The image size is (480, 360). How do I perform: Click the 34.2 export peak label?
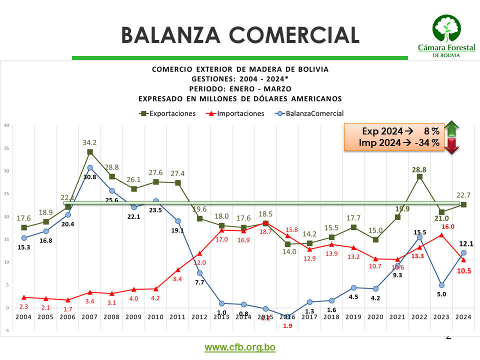pos(90,142)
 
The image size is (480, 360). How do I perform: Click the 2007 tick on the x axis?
pos(89,316)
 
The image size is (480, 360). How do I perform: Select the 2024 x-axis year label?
pos(463,316)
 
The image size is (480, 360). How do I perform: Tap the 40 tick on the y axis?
pos(6,125)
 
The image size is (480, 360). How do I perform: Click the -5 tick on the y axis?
pos(6,330)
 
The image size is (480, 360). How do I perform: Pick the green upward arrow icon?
pos(452,129)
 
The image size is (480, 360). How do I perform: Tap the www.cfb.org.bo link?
pos(240,347)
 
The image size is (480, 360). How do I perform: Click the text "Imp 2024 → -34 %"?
pos(399,143)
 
